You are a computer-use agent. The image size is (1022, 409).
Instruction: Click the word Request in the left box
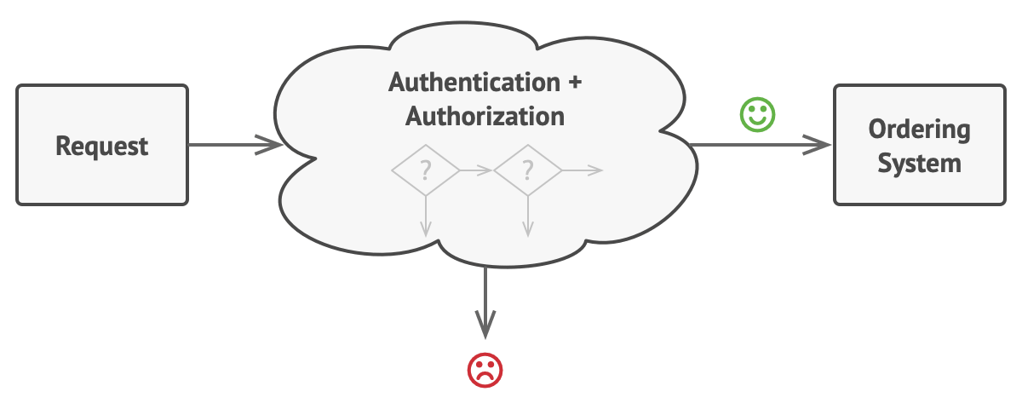point(101,147)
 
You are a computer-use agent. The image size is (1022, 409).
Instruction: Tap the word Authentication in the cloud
point(474,83)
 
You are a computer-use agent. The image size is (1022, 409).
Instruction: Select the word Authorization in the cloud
point(485,117)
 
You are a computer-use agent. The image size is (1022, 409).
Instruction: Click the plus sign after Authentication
point(576,83)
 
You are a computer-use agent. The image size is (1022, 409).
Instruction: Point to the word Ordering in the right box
point(919,130)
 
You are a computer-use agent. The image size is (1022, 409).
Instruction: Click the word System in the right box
point(919,163)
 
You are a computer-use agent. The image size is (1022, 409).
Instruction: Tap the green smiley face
point(757,114)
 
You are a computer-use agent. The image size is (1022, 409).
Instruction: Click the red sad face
point(485,370)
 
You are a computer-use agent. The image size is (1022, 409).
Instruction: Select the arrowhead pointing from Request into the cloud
point(269,145)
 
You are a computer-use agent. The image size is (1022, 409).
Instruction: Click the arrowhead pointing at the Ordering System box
point(817,145)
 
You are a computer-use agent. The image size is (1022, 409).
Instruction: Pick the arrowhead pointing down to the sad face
point(485,325)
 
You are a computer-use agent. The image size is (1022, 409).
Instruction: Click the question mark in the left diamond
point(426,170)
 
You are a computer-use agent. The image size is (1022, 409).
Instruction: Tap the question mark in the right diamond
point(528,170)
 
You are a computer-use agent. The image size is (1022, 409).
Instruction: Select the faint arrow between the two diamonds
point(476,170)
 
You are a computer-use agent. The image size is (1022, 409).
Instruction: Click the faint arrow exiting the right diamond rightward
point(583,170)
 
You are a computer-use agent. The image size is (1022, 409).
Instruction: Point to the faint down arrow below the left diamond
point(426,216)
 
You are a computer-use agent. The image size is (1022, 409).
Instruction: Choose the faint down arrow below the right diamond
point(528,216)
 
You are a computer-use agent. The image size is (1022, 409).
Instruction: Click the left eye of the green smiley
point(751,108)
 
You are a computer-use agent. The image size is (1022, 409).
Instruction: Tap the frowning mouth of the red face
point(485,377)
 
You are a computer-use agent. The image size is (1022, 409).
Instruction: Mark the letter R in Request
point(63,146)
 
